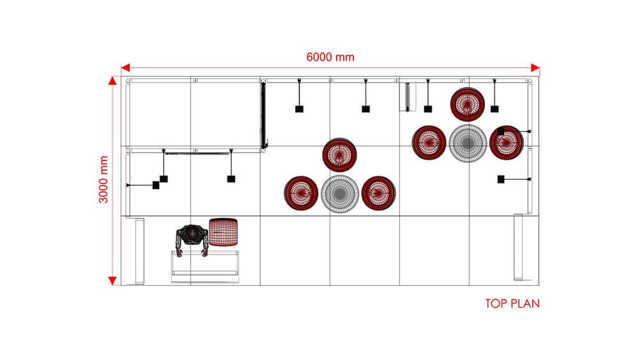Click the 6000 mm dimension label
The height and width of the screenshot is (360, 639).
coord(330,57)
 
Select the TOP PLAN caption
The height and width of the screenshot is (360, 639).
coord(512,303)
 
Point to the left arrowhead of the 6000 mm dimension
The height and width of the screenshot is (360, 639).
coord(126,68)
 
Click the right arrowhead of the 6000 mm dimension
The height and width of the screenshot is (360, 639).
coord(535,68)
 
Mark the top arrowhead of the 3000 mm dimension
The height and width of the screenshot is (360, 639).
coord(112,81)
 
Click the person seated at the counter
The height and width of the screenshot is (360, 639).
coord(191,239)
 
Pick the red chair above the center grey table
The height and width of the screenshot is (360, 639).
coord(339,154)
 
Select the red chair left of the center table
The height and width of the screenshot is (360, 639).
coord(301,192)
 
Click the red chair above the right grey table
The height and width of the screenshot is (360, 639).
coord(466,104)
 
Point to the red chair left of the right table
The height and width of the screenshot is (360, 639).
coord(428,142)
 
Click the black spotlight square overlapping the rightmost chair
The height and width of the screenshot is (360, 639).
coord(500,131)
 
